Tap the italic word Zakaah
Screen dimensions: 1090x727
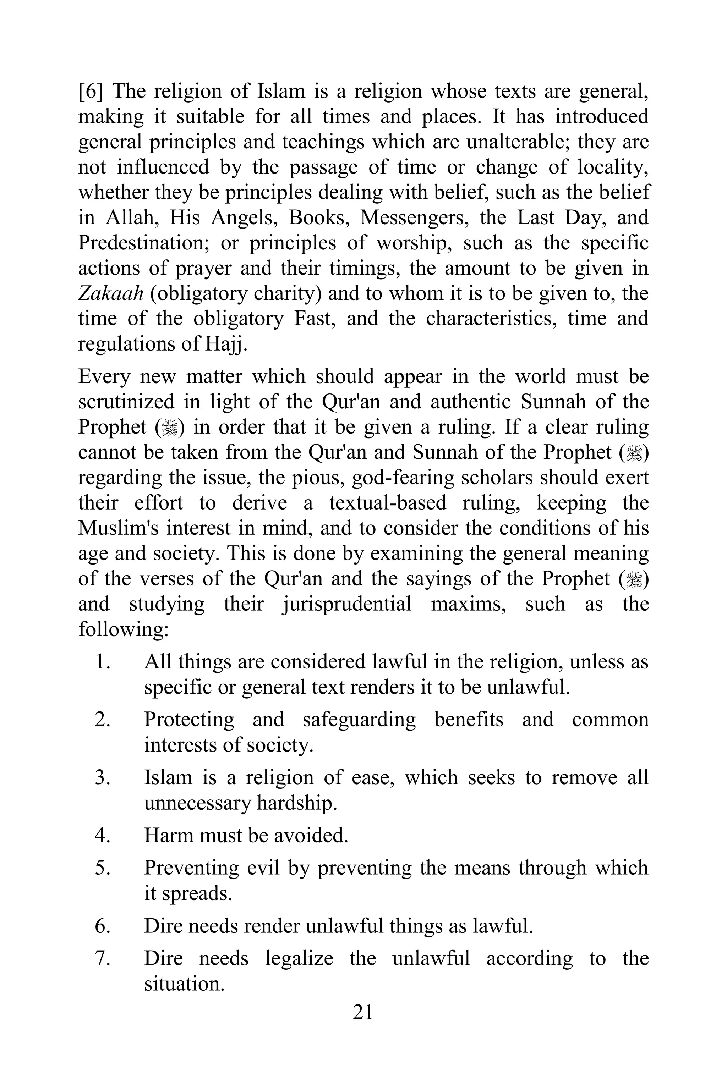(x=110, y=293)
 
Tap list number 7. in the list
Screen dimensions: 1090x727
(x=103, y=958)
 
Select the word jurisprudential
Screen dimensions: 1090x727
(x=347, y=604)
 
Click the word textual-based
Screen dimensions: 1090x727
(x=388, y=503)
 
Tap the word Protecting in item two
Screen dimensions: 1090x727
(x=189, y=720)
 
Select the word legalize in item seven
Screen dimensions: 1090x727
(x=299, y=958)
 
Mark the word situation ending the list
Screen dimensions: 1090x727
(x=184, y=983)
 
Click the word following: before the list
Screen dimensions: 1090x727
(x=123, y=630)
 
